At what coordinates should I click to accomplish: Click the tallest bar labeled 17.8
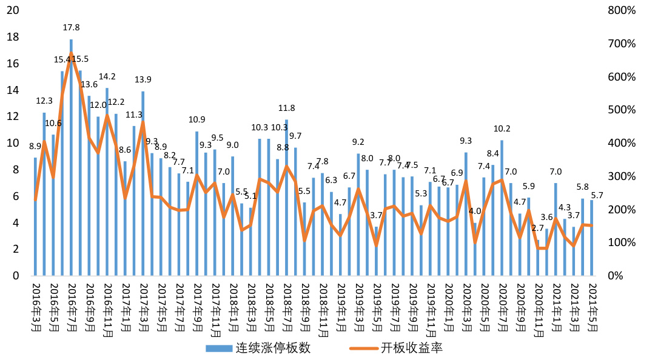pyautogui.click(x=71, y=158)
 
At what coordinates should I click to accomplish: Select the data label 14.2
pyautogui.click(x=107, y=77)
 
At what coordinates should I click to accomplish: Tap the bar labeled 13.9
pyautogui.click(x=143, y=182)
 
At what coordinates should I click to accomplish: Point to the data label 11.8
pyautogui.click(x=287, y=108)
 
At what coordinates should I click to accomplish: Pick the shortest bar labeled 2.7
pyautogui.click(x=537, y=258)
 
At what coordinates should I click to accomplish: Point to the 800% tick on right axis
pyautogui.click(x=623, y=11)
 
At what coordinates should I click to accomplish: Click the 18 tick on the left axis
pyautogui.click(x=13, y=38)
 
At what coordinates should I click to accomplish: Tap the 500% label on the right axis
pyautogui.click(x=623, y=110)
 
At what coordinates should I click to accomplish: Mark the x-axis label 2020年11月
pyautogui.click(x=537, y=309)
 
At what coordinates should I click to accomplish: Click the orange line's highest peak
pyautogui.click(x=71, y=53)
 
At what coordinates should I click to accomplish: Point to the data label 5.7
pyautogui.click(x=597, y=195)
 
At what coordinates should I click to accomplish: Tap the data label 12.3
pyautogui.click(x=44, y=101)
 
